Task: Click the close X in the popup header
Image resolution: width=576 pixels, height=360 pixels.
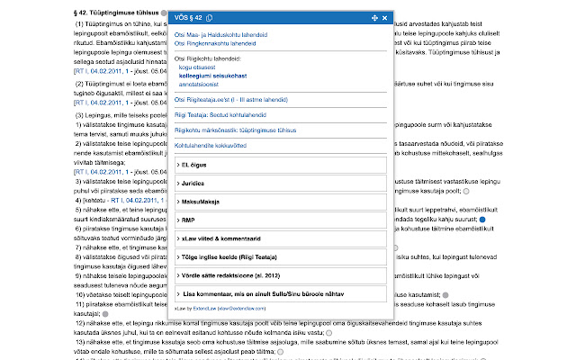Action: pos(385,18)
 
